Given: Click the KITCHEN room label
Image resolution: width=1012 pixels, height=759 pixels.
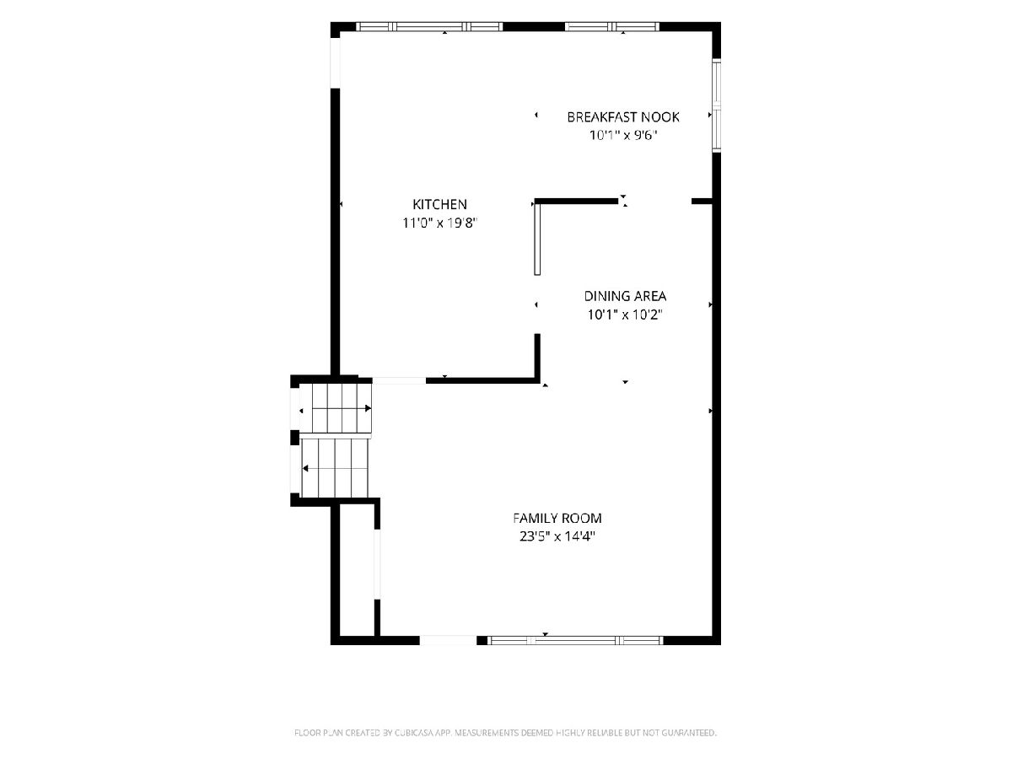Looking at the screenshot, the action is tap(439, 204).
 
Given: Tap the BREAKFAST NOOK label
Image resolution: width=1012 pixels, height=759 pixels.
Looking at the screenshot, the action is tap(623, 117).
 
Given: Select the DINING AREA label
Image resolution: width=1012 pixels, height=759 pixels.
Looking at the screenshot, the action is tap(625, 296).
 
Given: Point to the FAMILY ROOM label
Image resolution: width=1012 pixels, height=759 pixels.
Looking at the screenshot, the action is tap(557, 519).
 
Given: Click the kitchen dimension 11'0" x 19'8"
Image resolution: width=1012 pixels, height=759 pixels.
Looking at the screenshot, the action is tap(439, 223).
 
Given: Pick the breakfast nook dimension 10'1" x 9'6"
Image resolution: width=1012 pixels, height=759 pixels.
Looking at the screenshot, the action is tap(623, 136).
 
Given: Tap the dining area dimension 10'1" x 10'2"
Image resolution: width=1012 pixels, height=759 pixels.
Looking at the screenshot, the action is tap(625, 315).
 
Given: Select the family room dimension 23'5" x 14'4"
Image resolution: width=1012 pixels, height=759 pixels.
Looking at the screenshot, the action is tap(557, 536).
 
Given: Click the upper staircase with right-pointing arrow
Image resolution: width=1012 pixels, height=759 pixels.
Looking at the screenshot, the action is tap(342, 408).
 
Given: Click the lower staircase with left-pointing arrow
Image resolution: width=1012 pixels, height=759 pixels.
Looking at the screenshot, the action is tap(335, 468).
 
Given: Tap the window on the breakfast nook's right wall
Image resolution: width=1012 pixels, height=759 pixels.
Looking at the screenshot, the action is tap(717, 105).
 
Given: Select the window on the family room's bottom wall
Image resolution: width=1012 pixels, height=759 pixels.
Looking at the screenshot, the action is tap(575, 640).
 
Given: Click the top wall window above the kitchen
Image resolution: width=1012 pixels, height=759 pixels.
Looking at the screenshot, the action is tap(429, 27).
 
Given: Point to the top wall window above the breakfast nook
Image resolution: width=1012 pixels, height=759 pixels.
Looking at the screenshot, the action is tap(612, 27).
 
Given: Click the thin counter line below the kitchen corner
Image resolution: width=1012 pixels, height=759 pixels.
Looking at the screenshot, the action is tap(537, 240).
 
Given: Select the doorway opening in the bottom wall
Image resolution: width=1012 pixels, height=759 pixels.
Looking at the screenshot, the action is tap(448, 640).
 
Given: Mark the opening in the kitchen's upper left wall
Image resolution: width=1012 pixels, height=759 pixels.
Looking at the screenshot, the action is tap(335, 62).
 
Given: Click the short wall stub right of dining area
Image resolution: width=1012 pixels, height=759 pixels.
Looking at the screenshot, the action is tap(702, 202).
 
